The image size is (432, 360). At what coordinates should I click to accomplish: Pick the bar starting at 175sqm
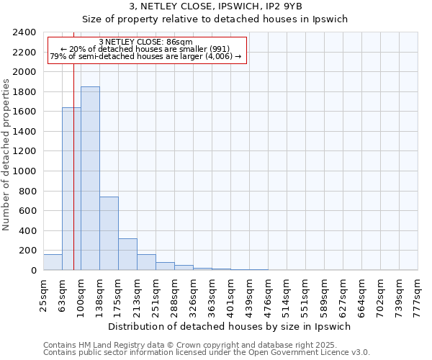point(127,254)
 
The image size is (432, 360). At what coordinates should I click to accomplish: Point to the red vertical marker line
point(73,158)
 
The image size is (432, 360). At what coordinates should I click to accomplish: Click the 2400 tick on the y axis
point(24,32)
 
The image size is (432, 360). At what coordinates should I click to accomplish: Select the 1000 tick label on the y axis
point(24,171)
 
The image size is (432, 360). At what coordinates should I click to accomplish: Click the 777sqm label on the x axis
point(418,294)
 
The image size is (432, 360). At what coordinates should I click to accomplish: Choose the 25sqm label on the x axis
point(43,294)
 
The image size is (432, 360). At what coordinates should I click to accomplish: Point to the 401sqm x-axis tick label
point(230,294)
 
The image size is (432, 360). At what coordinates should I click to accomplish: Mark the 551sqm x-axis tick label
point(305,294)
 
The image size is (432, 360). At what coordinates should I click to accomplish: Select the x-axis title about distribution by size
point(230,326)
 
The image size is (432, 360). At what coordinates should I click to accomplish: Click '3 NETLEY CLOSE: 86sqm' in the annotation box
point(146,42)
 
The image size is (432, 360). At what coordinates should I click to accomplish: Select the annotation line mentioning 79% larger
point(146,57)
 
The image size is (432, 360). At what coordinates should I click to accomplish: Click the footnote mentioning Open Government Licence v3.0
point(207,352)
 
